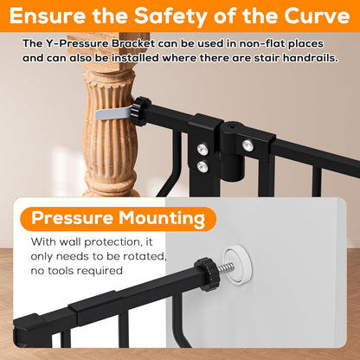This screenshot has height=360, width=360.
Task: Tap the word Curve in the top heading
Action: click(x=317, y=16)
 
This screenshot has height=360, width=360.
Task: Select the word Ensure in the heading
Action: click(x=48, y=16)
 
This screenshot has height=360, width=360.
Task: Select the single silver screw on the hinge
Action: click(x=247, y=145)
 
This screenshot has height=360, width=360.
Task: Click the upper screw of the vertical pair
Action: click(x=202, y=149)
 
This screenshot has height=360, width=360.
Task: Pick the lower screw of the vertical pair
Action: click(x=202, y=166)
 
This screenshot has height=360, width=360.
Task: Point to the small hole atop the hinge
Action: click(x=230, y=126)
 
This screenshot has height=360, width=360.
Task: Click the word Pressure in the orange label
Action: click(x=72, y=218)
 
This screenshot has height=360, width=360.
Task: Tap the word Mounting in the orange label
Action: click(x=162, y=219)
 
